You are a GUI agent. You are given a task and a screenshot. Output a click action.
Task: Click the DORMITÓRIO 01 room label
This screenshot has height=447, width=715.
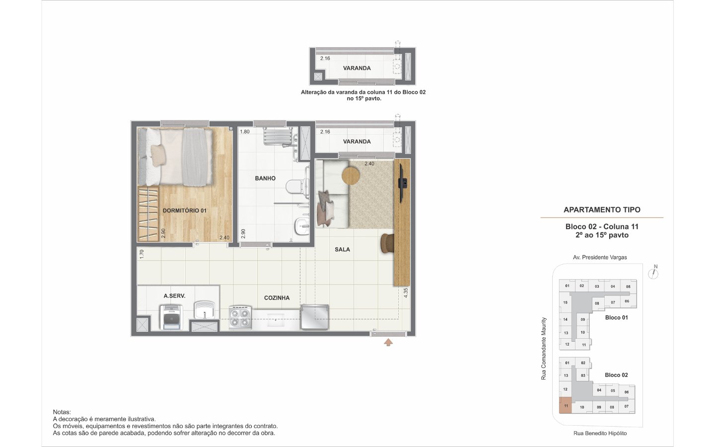(185, 211)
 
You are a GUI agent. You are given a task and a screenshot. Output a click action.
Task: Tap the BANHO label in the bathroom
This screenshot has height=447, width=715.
(265, 178)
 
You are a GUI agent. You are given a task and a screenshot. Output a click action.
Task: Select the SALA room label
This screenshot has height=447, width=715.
(342, 249)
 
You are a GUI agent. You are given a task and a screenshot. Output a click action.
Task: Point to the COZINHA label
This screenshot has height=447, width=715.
(277, 298)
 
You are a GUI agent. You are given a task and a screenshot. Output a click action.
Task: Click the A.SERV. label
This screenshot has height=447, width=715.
(174, 296)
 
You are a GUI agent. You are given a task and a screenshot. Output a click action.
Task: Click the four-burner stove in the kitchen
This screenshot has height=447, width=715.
(240, 318)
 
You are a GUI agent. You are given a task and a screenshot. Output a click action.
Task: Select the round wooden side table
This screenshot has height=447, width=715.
(351, 175)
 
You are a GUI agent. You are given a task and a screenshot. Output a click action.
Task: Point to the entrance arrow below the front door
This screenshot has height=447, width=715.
(388, 343)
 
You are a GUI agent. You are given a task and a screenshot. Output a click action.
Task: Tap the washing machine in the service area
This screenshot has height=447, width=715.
(171, 317)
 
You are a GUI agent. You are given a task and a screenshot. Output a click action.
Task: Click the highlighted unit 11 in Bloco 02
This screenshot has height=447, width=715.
(565, 405)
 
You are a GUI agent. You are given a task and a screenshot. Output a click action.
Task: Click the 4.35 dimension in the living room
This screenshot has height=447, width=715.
(406, 293)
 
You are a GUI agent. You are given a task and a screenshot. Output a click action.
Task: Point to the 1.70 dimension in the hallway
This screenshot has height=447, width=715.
(142, 254)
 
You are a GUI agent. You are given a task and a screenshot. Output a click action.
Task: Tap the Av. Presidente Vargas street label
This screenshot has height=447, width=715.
(600, 257)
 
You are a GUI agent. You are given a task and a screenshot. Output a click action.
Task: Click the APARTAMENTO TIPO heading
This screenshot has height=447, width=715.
(602, 210)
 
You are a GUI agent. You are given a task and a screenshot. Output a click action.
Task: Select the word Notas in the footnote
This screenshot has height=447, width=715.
(62, 412)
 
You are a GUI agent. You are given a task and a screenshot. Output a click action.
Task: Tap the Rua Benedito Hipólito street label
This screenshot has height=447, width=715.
(600, 433)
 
